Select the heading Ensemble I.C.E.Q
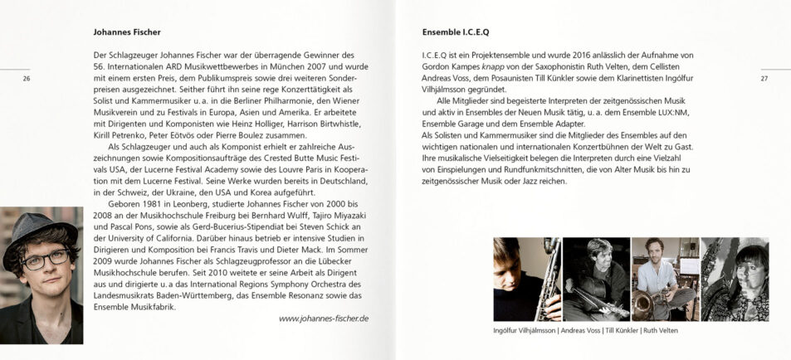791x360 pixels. coord(456,33)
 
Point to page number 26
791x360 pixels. coord(27,79)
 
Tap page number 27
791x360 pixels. coord(764,79)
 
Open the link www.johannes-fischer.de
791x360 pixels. coord(324,319)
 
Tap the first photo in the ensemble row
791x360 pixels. coord(527,279)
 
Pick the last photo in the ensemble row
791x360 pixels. coord(734,279)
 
